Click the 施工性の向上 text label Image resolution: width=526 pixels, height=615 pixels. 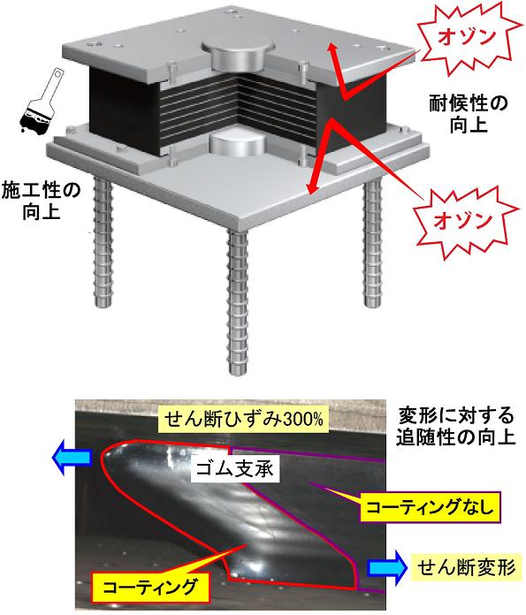42,201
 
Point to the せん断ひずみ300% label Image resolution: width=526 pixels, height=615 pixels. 243,420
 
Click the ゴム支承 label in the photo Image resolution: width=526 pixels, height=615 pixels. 235,468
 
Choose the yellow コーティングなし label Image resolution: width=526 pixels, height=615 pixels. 431,508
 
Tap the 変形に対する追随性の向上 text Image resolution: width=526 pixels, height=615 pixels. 455,426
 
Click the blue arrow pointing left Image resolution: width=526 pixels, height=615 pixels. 72,458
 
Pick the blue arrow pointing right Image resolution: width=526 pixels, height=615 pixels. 386,567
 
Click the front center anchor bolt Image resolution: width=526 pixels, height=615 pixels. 238,301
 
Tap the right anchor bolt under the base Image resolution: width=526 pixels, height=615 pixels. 372,242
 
